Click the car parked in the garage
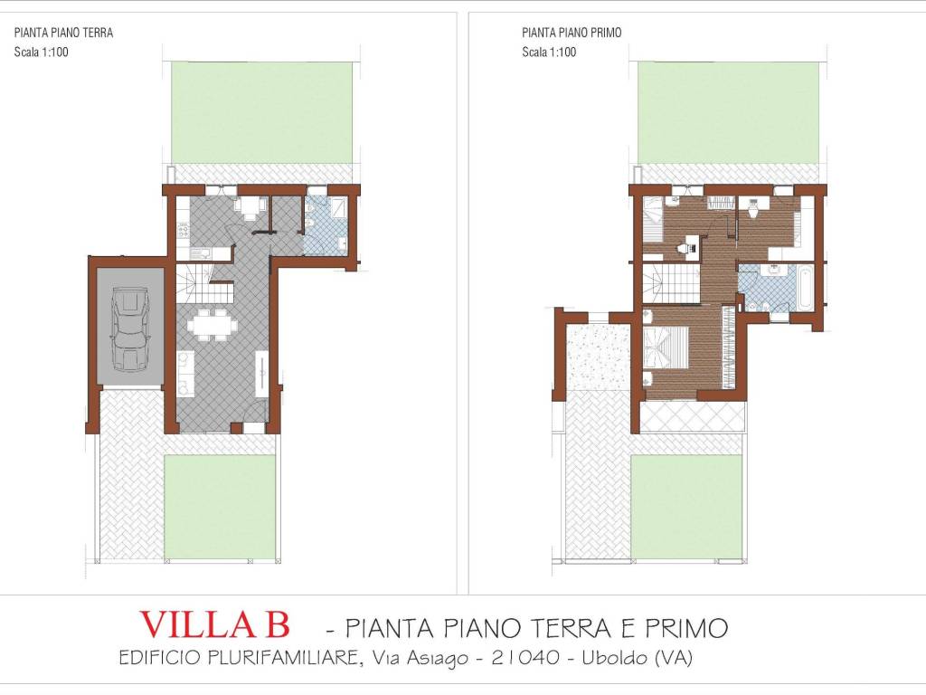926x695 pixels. point(130,329)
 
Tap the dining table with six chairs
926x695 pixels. point(212,325)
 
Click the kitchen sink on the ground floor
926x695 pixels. point(200,253)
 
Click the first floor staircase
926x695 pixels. point(672,283)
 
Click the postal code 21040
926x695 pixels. point(525,657)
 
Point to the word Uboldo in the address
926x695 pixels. point(615,657)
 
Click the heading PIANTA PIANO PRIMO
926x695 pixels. point(572,33)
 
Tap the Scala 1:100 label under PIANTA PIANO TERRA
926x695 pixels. point(42,52)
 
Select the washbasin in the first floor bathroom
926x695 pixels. point(774,270)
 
